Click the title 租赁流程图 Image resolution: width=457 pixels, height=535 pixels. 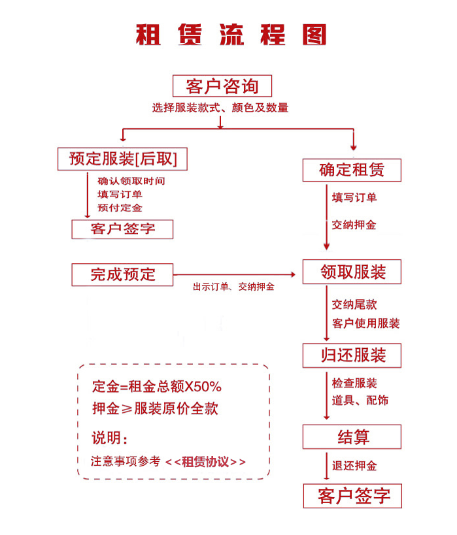click(x=230, y=35)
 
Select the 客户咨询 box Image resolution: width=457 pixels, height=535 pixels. click(x=222, y=86)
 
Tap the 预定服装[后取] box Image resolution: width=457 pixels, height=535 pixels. click(x=122, y=159)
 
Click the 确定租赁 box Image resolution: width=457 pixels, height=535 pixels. click(x=352, y=170)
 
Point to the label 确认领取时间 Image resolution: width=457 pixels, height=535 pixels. click(x=131, y=181)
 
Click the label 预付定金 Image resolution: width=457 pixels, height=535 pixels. click(x=120, y=208)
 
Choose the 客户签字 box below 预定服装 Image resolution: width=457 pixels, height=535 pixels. click(x=122, y=229)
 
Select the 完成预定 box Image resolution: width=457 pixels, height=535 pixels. click(x=122, y=274)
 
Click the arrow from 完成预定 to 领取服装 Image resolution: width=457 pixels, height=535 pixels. click(x=235, y=274)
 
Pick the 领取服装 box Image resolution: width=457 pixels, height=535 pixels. click(x=352, y=272)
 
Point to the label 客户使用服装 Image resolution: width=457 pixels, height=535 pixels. click(x=365, y=323)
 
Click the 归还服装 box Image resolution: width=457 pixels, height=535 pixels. click(x=352, y=355)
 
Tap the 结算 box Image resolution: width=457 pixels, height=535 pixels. click(x=352, y=437)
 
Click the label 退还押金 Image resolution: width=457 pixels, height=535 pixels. click(x=354, y=466)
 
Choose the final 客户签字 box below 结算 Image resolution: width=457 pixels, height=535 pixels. click(x=352, y=496)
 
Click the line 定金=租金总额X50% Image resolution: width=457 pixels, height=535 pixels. click(x=157, y=387)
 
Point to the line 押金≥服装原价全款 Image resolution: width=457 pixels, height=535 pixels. click(x=155, y=410)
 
